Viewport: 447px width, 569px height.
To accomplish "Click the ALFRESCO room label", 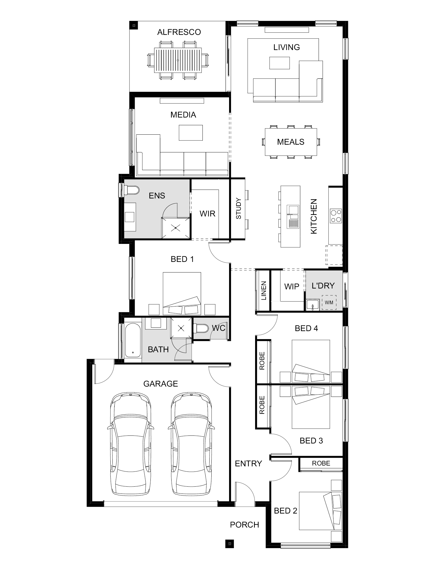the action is tap(179, 32).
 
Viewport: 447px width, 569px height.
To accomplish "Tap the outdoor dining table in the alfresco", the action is tap(178, 60).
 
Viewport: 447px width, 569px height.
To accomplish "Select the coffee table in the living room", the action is tap(279, 63).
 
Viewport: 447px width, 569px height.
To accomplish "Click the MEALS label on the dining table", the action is tap(291, 142).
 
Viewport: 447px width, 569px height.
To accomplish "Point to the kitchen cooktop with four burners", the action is tap(336, 216).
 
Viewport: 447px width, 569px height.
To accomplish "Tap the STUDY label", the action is tap(239, 209).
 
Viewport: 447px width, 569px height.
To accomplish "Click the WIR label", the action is tap(207, 214).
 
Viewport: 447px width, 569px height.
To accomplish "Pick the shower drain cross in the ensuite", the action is tap(175, 228).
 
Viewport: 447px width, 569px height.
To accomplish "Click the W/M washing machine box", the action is tap(329, 303).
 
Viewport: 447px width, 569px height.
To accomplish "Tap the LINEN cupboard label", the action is tap(264, 291).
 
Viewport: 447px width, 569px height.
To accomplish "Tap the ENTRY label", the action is tap(248, 463).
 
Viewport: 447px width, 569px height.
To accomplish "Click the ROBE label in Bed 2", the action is tap(321, 463).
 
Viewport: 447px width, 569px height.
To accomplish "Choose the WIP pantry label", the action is tap(292, 287).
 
